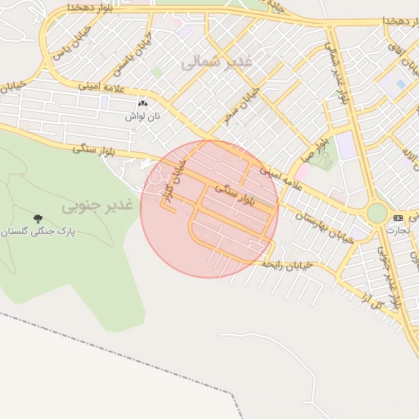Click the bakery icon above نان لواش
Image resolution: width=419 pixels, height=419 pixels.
click(x=144, y=104)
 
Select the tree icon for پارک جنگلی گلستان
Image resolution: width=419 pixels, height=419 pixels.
click(x=38, y=219)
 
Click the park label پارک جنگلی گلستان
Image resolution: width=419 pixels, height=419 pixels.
click(x=38, y=232)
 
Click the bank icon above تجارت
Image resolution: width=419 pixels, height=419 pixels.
click(x=398, y=218)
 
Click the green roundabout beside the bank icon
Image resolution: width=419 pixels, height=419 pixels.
click(x=376, y=214)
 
